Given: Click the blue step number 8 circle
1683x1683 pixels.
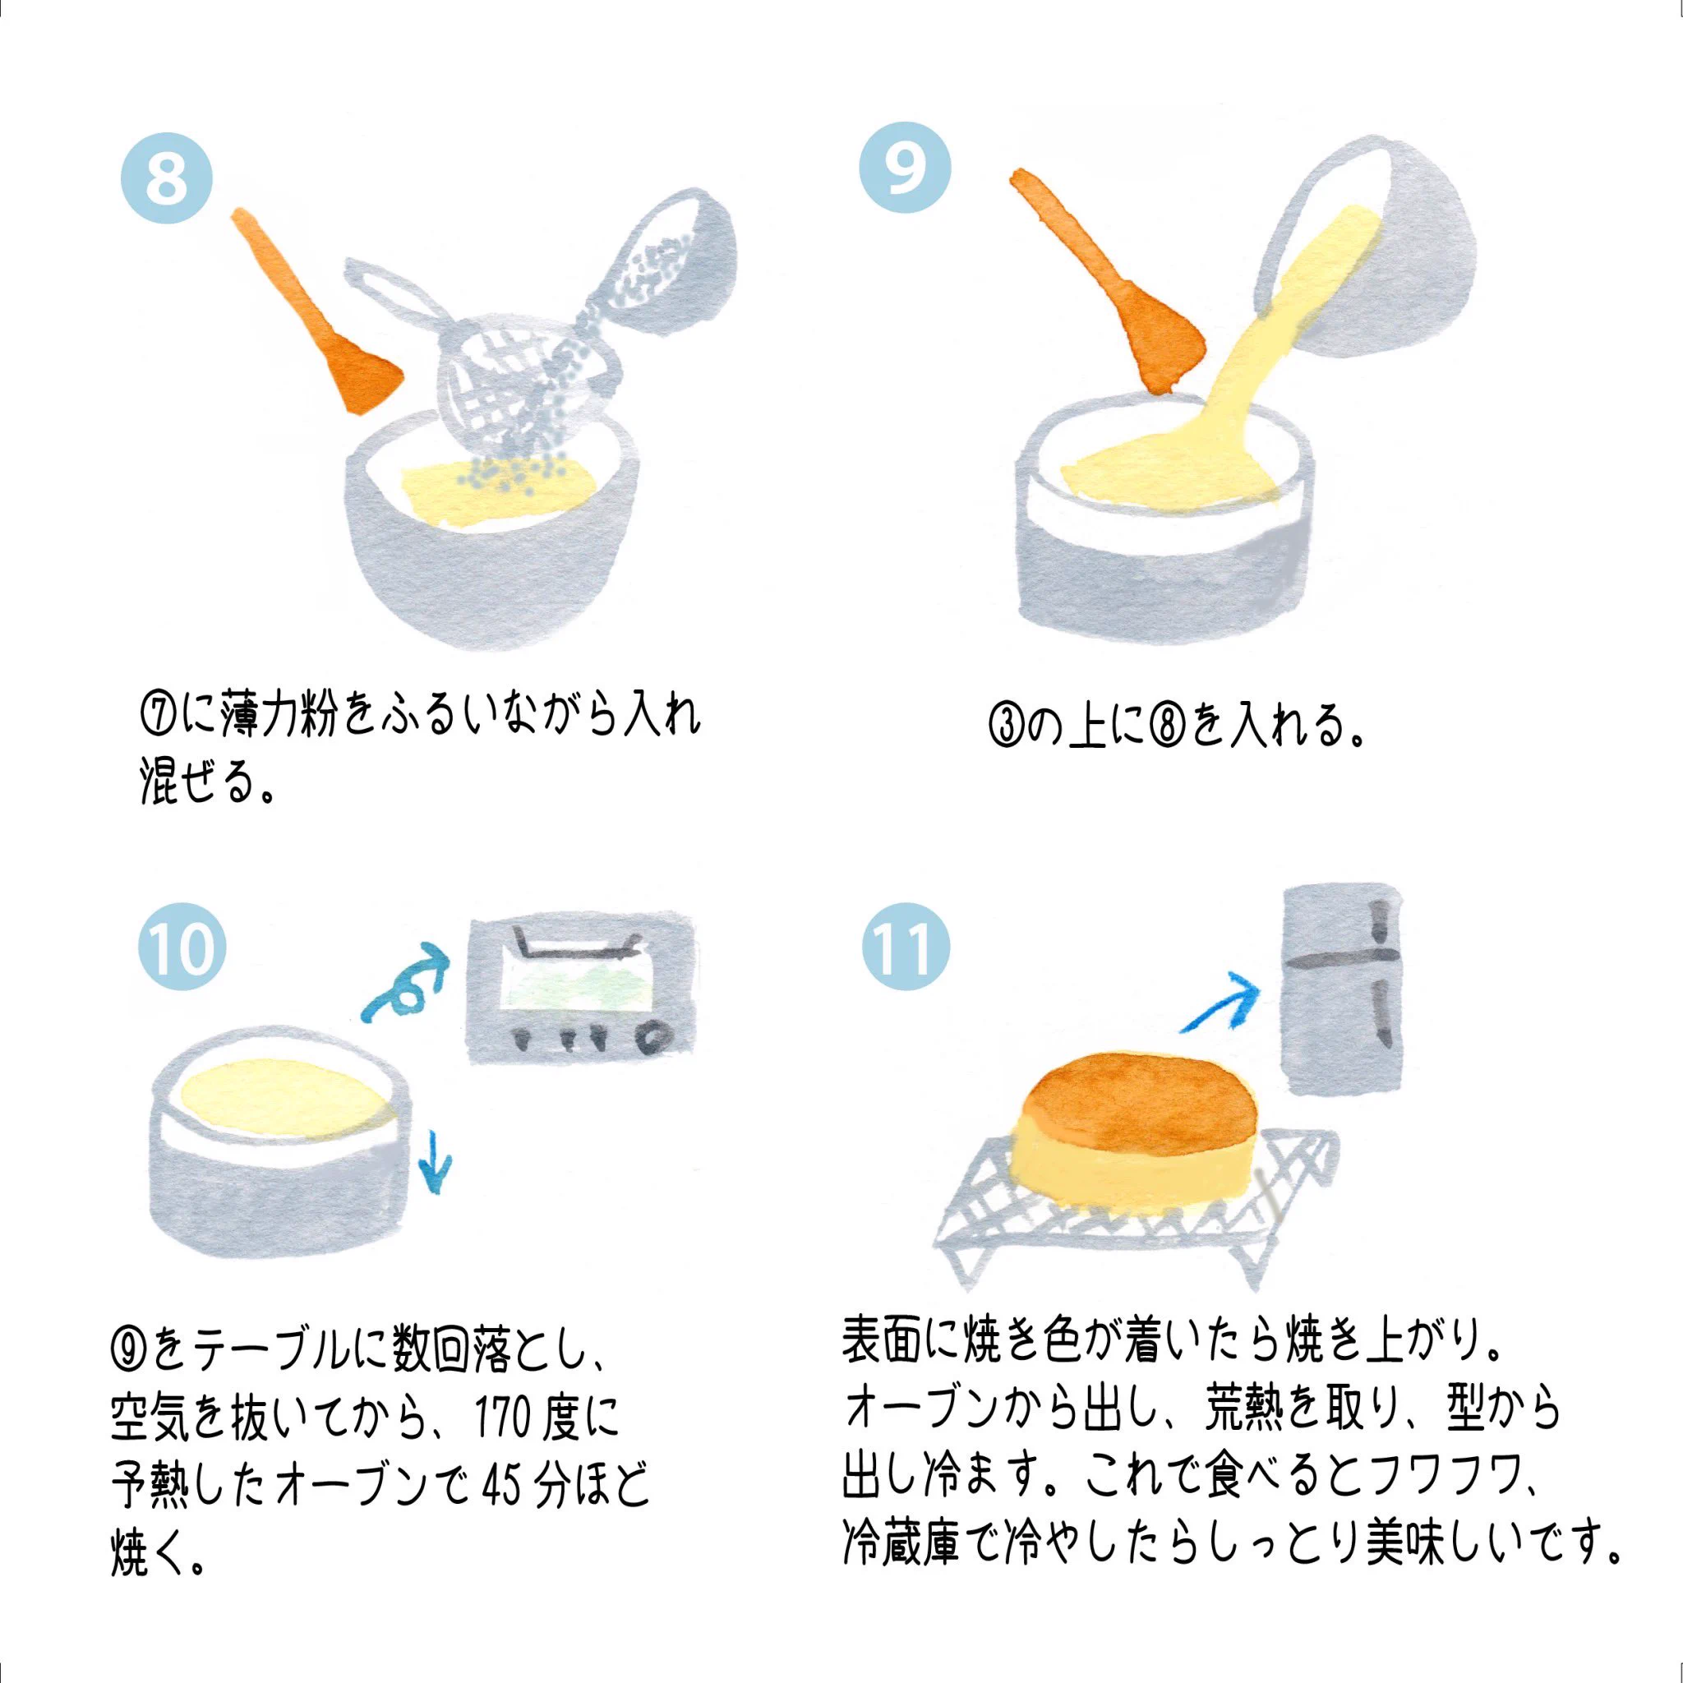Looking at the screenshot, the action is pyautogui.click(x=165, y=180).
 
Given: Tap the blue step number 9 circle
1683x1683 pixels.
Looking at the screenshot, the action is pyautogui.click(x=905, y=168).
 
